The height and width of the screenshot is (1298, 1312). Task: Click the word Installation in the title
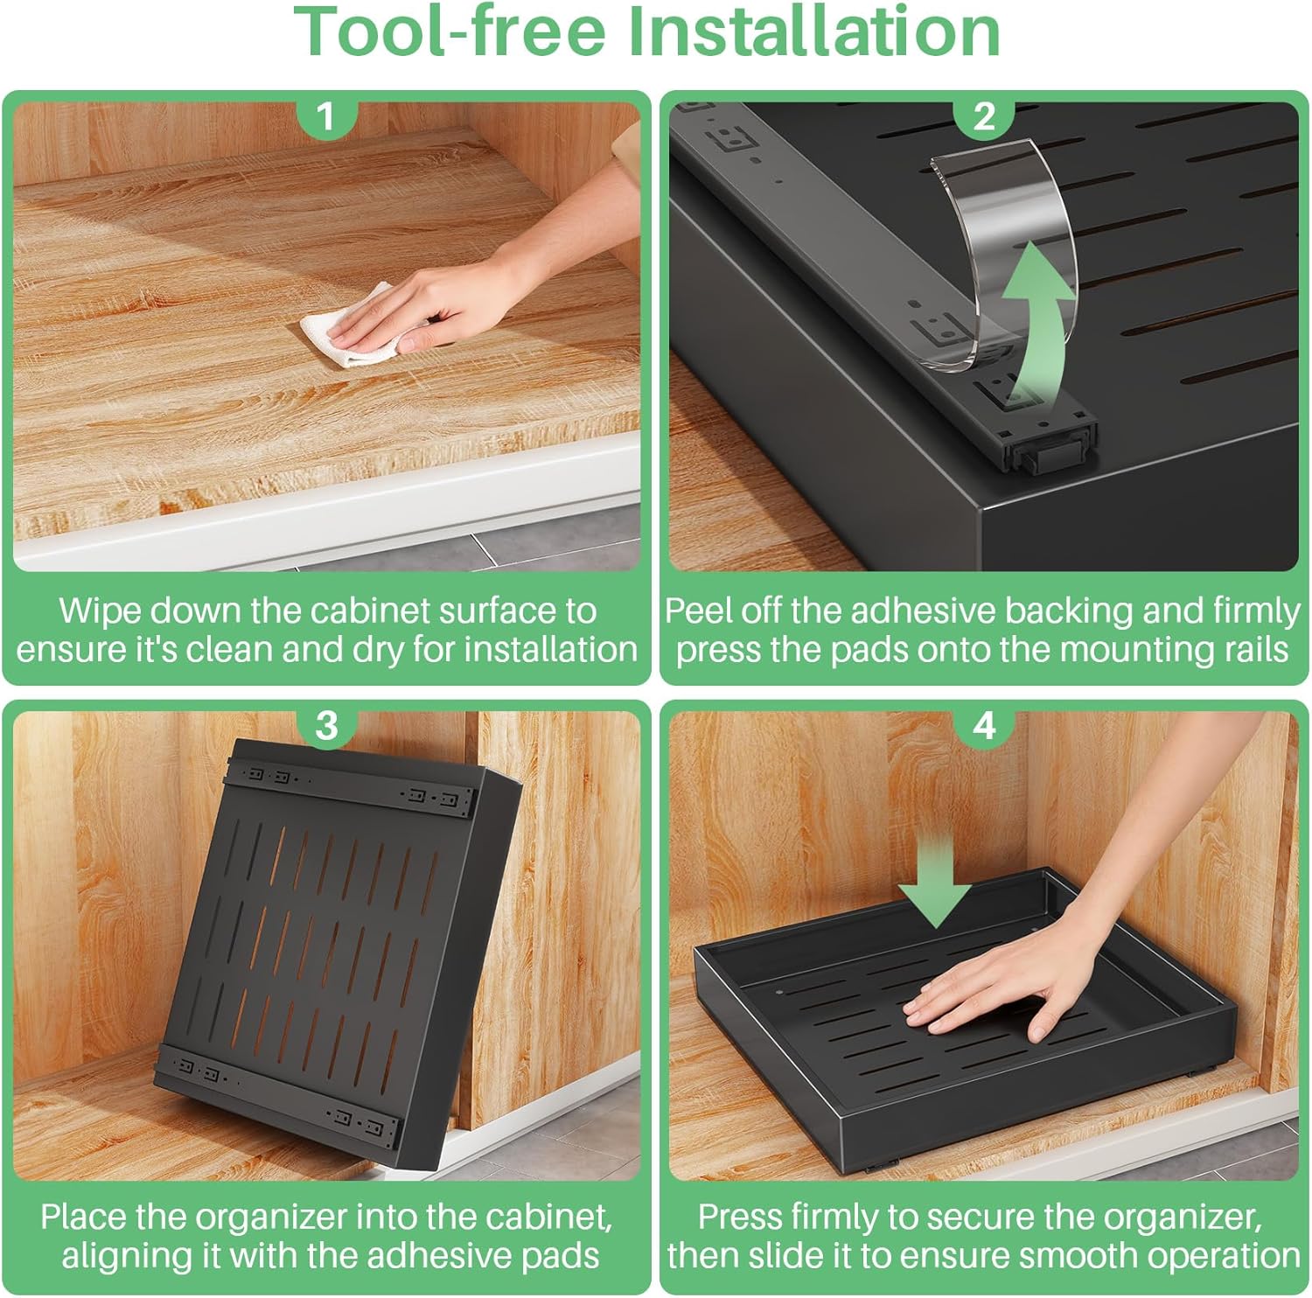814,31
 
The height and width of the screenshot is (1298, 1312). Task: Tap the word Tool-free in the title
450,31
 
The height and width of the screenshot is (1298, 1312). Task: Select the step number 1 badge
326,115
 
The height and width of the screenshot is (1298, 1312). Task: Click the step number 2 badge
984,115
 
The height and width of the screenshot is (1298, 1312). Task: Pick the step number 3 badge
326,725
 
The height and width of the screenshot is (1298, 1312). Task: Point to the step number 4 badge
984,725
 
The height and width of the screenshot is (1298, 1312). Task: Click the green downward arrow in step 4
935,878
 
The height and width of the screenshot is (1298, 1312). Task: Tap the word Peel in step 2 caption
697,610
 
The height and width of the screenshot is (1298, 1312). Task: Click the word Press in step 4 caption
739,1217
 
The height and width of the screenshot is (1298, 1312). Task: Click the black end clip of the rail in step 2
1051,450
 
